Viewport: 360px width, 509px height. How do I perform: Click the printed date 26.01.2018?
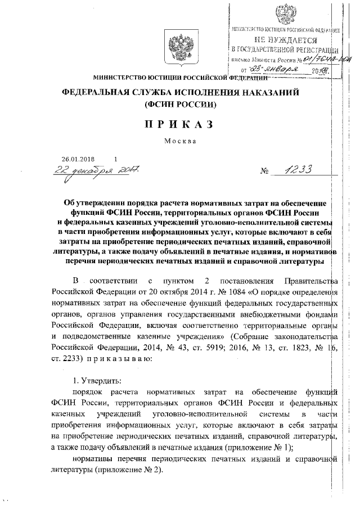pyautogui.click(x=79, y=159)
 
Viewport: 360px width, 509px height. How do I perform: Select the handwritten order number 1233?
pyautogui.click(x=292, y=171)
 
